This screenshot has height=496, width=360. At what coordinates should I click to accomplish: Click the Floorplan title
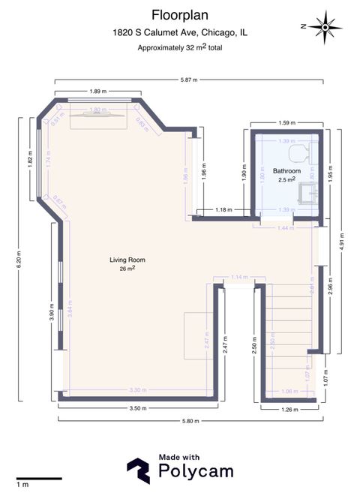[x=179, y=14]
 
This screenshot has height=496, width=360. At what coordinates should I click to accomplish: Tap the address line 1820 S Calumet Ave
[x=179, y=33]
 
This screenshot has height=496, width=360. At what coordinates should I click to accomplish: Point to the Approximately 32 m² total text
[x=179, y=47]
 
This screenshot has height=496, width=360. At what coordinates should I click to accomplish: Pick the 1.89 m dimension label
[x=95, y=91]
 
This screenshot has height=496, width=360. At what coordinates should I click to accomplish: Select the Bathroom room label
[x=286, y=171]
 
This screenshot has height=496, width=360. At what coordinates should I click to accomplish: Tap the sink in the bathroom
[x=306, y=195]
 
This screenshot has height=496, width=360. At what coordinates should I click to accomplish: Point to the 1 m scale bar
[x=39, y=478]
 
